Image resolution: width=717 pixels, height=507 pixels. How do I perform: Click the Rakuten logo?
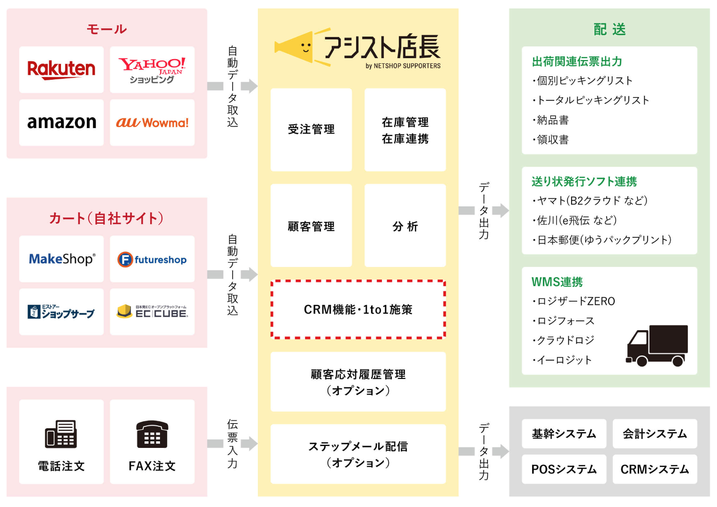pos(61,69)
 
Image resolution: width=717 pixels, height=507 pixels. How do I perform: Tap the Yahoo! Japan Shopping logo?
pos(152,70)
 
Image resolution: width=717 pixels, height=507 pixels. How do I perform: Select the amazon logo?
pos(61,122)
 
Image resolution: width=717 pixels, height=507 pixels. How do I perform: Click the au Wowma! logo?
pos(152,123)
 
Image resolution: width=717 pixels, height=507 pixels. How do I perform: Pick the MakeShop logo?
pos(61,259)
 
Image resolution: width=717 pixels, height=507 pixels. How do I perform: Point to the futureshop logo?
pos(152,259)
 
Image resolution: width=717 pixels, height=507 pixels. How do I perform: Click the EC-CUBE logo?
pos(152,312)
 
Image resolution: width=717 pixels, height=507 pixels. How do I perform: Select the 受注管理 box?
pos(311,129)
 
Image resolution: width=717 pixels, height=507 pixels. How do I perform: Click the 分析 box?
pos(405,226)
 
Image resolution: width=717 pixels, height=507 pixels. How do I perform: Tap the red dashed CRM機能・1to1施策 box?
pos(358,310)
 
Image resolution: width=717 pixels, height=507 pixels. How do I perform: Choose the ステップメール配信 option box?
pos(358,454)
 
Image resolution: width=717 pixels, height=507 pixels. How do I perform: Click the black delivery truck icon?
pos(657,346)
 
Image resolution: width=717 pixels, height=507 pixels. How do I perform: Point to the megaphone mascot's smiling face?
pos(305,47)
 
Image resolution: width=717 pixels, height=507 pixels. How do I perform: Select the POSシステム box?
pos(564,469)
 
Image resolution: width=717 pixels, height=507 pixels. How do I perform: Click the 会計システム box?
pos(655,434)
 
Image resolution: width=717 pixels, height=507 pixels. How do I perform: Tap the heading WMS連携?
pos(557,282)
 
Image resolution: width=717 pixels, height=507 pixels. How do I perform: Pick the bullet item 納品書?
pos(553,120)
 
